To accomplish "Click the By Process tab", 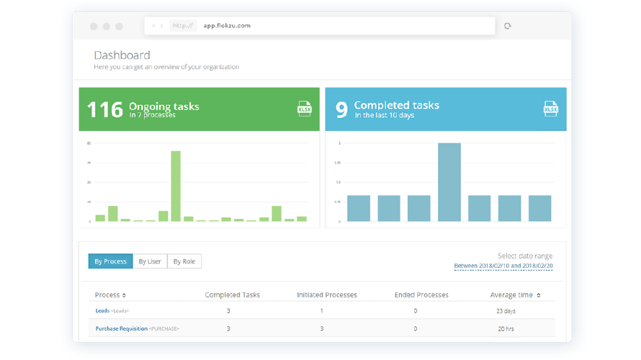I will pos(110,261).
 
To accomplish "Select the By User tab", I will pos(150,261).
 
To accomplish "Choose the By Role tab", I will pos(184,261).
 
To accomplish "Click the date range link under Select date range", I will pos(503,266).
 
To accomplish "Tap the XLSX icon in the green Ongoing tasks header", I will pos(305,109).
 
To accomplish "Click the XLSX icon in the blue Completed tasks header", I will pos(550,109).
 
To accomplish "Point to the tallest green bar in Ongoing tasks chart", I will pos(176,186).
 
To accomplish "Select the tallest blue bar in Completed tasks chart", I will pos(449,182).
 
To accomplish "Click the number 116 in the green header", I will pos(104,109).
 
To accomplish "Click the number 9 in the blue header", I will pos(341,109).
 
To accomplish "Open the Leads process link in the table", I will pos(102,311).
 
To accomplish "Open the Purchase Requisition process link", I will pos(122,328).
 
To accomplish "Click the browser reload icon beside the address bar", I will pos(508,26).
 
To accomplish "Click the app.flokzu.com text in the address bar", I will pos(227,26).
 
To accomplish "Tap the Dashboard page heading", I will pos(122,55).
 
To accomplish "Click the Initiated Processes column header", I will pos(326,294).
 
